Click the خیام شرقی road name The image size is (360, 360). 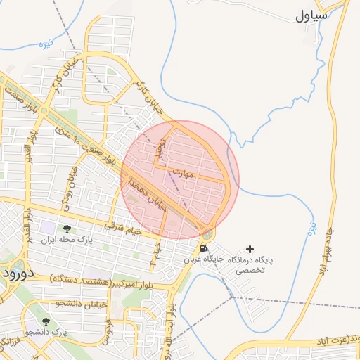[122, 228]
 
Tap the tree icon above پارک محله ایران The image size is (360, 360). [67, 229]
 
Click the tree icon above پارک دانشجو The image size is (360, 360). [46, 321]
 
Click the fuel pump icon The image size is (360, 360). [203, 248]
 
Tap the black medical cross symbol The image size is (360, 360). [250, 249]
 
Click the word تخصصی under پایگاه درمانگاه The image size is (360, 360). [250, 269]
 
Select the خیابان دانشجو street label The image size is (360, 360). [81, 303]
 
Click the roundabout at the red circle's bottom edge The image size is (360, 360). [207, 233]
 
